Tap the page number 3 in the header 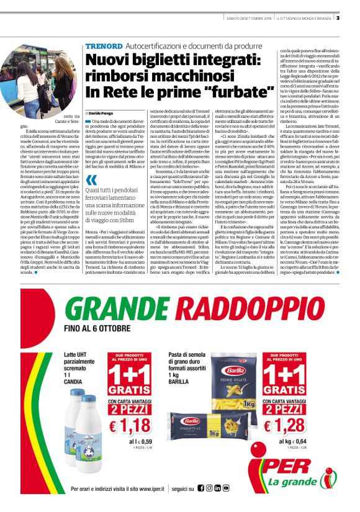click(354, 17)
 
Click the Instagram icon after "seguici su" click(218, 488)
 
